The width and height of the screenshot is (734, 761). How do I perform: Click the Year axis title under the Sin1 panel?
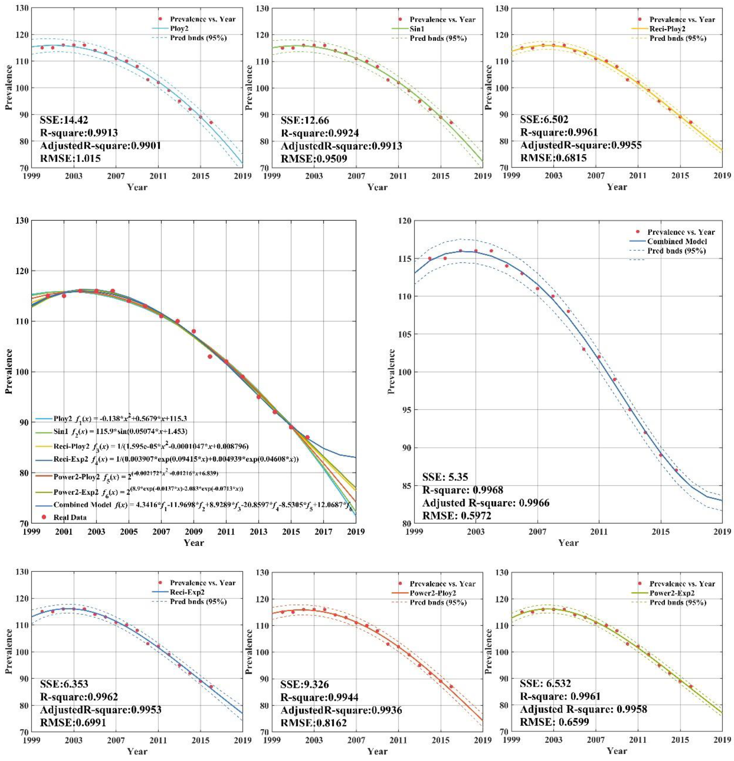(x=377, y=187)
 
